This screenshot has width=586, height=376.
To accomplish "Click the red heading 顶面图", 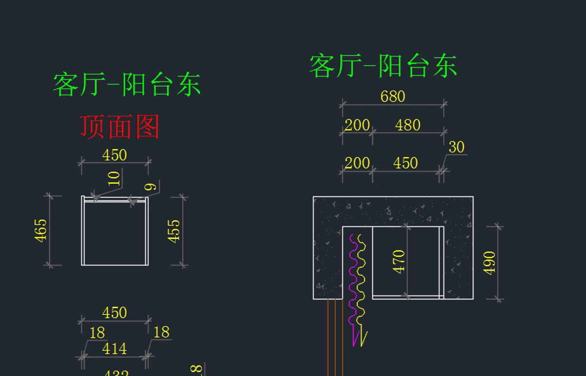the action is click(x=120, y=127).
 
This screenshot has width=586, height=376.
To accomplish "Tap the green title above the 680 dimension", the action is click(x=383, y=66).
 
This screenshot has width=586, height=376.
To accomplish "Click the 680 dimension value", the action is click(x=393, y=96).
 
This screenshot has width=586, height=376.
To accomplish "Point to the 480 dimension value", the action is click(x=408, y=125).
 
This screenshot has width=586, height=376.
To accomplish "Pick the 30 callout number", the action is click(x=456, y=147).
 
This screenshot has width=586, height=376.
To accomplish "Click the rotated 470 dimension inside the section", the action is click(x=399, y=261).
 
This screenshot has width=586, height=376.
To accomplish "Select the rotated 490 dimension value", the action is click(x=490, y=263).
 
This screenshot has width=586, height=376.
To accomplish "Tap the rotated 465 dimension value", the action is click(x=41, y=230).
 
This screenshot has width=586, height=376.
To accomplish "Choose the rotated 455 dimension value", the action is click(x=174, y=230).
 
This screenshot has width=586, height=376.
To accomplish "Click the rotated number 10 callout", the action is click(x=114, y=178).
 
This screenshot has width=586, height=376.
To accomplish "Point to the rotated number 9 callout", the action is click(x=151, y=187).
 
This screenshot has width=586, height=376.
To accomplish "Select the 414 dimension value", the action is click(x=114, y=349).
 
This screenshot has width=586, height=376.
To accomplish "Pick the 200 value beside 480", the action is click(x=357, y=125).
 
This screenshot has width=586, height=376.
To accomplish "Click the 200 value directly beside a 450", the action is click(x=357, y=163).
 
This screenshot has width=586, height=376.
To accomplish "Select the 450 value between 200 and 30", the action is click(x=405, y=163).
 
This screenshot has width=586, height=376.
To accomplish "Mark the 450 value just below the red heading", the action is click(x=114, y=155).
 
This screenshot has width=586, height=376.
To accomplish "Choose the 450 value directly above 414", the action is click(x=114, y=313).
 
